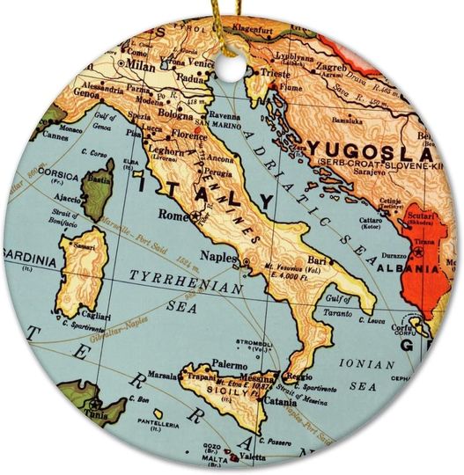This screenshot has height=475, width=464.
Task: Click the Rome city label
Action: pyautogui.click(x=171, y=214)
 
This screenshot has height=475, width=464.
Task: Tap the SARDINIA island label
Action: pyautogui.click(x=28, y=260)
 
